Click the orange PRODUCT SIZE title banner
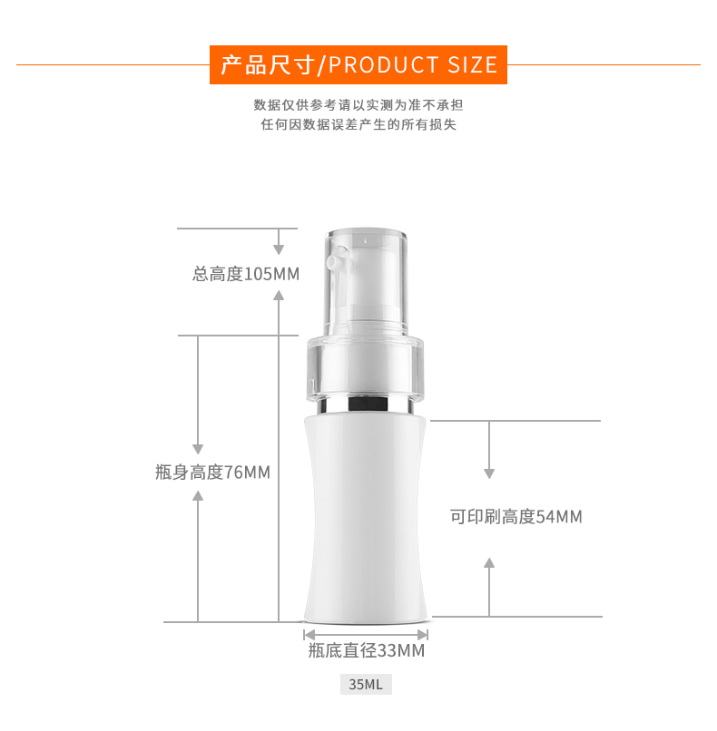coord(358,64)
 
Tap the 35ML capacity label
coord(366,684)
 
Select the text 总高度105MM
coord(246,274)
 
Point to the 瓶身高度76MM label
coord(212,473)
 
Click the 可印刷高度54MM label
coord(516,517)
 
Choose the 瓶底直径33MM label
coord(366,650)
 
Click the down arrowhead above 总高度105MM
coord(279,249)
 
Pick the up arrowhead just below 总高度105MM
coord(279,295)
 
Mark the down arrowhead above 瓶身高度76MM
coord(198,449)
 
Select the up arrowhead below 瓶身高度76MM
coord(198,495)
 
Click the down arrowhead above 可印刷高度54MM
coord(489,473)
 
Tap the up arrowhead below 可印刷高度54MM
coord(489,562)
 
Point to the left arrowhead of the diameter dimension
coord(309,635)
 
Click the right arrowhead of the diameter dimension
coord(423,635)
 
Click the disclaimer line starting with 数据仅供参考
coord(358,105)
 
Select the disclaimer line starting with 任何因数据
coord(358,124)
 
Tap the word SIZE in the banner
coord(473,64)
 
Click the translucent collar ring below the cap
coord(365,367)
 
